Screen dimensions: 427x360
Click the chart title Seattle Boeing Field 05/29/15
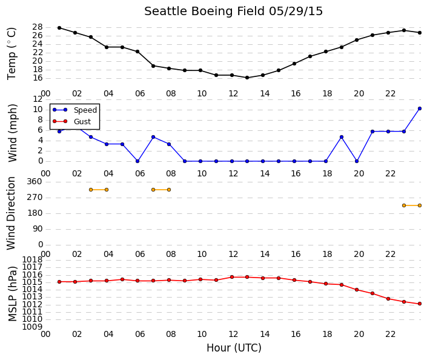pos(233,12)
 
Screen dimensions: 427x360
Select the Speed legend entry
pos(74,110)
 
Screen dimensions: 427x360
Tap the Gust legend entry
pos(71,121)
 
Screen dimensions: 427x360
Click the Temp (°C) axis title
pos(12,53)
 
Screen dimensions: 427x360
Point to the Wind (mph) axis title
pos(13,133)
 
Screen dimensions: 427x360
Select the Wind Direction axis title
pos(11,213)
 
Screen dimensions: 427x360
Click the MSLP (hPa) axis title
pos(13,293)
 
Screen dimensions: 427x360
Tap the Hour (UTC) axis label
pos(234,348)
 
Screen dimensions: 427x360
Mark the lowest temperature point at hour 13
pos(247,78)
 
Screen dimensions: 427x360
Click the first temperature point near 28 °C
pos(59,28)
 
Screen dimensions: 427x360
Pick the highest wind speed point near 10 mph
pos(420,108)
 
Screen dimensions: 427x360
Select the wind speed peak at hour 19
pos(342,137)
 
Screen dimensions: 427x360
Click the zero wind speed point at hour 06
pos(137,161)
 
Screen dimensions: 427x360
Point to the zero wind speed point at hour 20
pos(357,161)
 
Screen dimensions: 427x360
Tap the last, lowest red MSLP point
pos(420,304)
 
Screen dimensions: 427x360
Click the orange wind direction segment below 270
pos(412,205)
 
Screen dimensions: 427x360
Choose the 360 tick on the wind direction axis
pos(35,181)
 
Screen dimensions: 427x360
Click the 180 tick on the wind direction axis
pos(35,213)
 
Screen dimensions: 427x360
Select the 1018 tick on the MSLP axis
pos(32,259)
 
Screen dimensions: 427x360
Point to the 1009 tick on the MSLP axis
pos(32,327)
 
